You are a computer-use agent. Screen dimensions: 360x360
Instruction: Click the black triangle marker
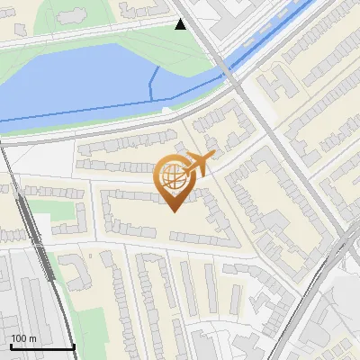pos(181,24)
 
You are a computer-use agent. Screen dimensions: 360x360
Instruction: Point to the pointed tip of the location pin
pos(174,211)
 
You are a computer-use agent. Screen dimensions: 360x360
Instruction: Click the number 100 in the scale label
pos(19,338)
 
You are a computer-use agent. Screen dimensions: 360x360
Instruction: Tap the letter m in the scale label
pos(33,338)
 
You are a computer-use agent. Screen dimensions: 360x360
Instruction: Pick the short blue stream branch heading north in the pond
pos(150,81)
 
